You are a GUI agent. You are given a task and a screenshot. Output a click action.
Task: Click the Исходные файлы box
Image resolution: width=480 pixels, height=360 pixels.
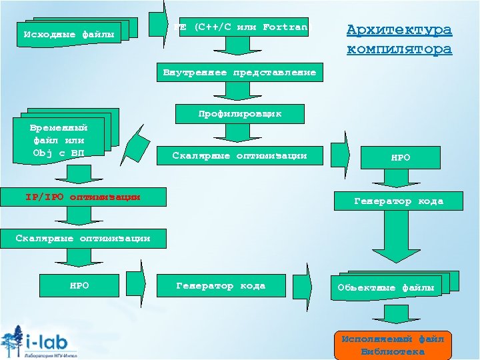pyautogui.click(x=69, y=33)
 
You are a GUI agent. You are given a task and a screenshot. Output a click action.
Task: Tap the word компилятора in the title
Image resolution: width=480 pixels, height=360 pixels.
pyautogui.click(x=399, y=49)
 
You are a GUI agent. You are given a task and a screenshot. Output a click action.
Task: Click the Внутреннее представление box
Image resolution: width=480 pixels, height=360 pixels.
pyautogui.click(x=239, y=72)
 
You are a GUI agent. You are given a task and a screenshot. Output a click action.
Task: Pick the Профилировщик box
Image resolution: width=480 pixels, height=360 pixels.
pyautogui.click(x=239, y=114)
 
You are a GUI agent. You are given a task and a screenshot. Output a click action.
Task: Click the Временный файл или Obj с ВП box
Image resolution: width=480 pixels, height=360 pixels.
pyautogui.click(x=59, y=140)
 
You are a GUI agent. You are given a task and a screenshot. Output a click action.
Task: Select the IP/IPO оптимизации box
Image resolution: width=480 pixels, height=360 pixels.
pyautogui.click(x=83, y=197)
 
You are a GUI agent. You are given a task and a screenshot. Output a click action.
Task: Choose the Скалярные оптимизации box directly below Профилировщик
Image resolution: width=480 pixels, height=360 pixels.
pyautogui.click(x=239, y=156)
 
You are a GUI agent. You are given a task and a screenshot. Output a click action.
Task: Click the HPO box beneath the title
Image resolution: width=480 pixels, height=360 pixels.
pyautogui.click(x=400, y=158)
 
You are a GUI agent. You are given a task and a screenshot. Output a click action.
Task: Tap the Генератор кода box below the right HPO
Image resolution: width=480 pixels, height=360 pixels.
pyautogui.click(x=398, y=201)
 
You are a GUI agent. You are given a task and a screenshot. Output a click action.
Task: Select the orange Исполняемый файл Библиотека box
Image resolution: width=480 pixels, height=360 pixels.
pyautogui.click(x=393, y=345)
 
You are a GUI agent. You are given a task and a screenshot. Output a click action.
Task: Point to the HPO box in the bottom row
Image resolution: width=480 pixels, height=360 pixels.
pyautogui.click(x=79, y=286)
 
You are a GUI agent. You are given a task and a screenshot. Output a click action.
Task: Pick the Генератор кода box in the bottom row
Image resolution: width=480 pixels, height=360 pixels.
pyautogui.click(x=221, y=286)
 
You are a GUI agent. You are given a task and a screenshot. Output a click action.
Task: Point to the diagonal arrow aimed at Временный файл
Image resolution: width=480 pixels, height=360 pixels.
pyautogui.click(x=138, y=142)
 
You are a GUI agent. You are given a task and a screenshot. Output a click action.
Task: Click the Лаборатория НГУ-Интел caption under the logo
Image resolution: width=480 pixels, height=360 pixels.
pyautogui.click(x=49, y=355)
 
